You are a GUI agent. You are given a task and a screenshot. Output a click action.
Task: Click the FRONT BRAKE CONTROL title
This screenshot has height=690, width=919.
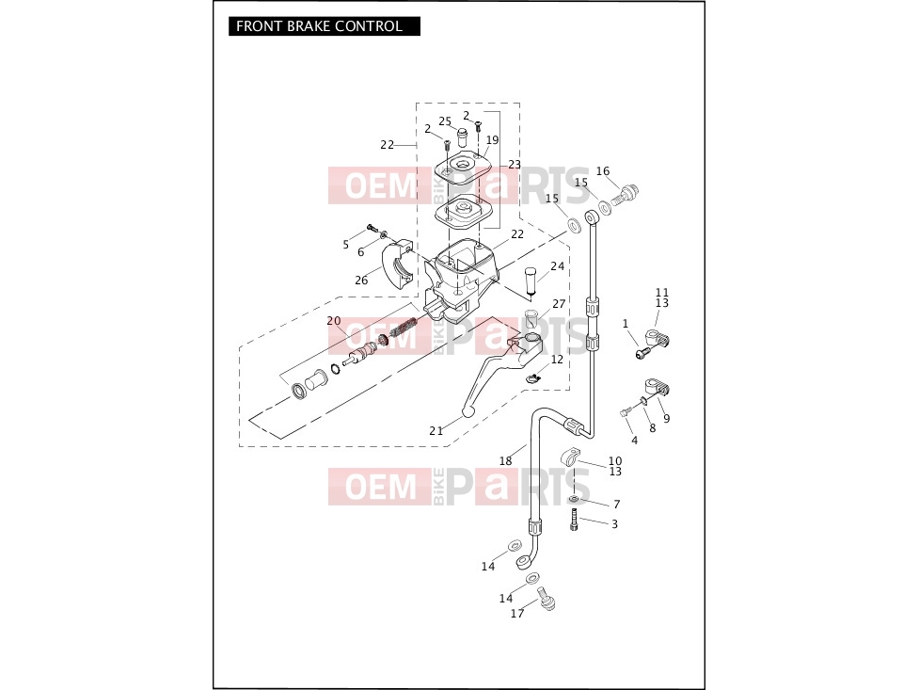[320, 26]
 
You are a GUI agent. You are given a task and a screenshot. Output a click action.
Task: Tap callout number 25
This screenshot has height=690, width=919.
[446, 121]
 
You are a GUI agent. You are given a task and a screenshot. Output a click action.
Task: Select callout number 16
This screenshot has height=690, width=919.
[603, 170]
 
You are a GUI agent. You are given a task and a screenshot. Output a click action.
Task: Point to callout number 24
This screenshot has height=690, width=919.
[558, 265]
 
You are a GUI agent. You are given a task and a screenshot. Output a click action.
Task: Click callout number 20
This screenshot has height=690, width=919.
[334, 321]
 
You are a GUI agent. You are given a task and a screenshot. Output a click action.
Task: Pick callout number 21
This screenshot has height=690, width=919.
[436, 431]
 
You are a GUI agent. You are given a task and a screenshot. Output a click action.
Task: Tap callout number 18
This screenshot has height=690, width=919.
[505, 461]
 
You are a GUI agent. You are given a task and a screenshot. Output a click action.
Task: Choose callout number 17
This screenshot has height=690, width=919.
[517, 613]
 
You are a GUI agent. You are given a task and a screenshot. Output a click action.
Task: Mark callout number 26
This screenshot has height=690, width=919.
[361, 280]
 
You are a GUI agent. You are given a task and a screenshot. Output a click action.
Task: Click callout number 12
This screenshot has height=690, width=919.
[557, 359]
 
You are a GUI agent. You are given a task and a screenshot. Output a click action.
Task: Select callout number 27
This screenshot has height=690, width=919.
[559, 303]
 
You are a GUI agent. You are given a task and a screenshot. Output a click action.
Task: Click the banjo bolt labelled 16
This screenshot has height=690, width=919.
[626, 193]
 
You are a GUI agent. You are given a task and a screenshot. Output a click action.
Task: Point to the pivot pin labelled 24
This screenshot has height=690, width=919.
[531, 281]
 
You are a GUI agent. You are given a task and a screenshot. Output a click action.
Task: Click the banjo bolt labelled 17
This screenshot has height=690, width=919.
[547, 598]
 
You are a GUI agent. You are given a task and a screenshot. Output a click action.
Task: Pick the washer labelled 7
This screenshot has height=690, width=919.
[574, 499]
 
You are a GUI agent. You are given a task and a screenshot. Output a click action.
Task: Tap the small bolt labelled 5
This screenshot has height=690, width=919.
[371, 228]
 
